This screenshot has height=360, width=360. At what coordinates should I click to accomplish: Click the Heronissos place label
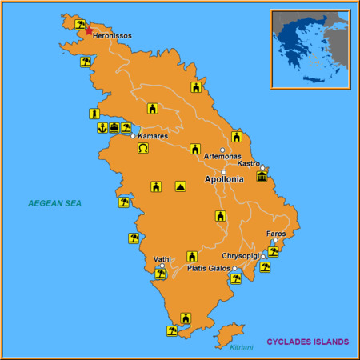tap(113, 36)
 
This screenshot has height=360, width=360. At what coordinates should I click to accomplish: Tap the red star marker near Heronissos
tap(89, 31)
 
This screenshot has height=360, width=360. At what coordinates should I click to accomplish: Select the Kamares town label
tap(154, 137)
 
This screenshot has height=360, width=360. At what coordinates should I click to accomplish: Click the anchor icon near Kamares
tap(102, 128)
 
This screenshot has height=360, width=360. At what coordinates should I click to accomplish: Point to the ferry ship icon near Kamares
tap(114, 128)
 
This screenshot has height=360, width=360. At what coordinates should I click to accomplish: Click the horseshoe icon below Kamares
tap(143, 148)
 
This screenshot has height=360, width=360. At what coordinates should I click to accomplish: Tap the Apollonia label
tap(225, 180)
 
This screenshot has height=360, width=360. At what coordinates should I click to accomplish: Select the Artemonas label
tap(222, 156)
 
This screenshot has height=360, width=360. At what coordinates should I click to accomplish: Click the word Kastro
tap(249, 163)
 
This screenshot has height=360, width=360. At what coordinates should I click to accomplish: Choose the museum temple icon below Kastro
tap(262, 176)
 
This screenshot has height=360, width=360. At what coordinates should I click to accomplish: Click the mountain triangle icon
tap(181, 186)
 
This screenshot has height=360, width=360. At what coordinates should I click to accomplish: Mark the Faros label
tap(276, 234)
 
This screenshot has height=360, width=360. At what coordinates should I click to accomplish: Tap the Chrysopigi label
tap(241, 256)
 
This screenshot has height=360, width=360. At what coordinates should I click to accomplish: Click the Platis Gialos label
tap(210, 268)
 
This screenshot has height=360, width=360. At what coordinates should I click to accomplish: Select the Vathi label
tap(162, 259)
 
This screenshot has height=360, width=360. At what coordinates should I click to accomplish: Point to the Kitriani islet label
tap(241, 347)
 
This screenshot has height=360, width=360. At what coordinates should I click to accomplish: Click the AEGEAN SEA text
tap(54, 203)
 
